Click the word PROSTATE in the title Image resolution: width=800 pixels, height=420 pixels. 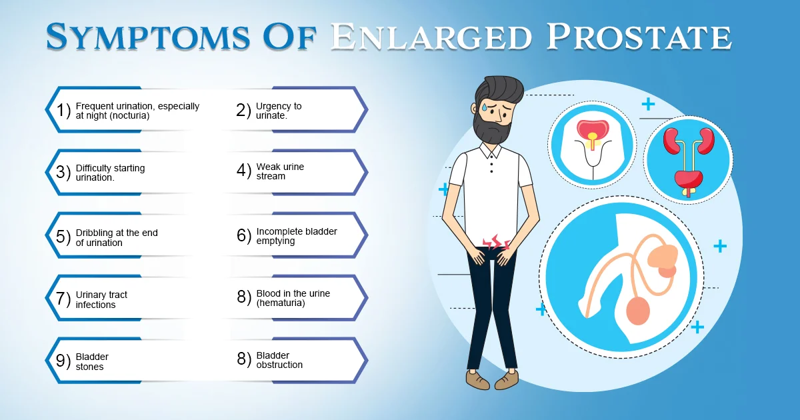[639, 37]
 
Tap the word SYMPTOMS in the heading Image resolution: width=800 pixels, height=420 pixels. [147, 37]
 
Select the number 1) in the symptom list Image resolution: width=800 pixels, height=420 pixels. [63, 110]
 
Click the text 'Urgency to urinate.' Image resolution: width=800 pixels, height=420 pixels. [279, 111]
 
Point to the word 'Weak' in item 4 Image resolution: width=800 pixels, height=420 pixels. [266, 167]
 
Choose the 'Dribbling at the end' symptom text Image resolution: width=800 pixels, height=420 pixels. [117, 233]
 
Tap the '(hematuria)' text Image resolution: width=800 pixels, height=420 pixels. [281, 303]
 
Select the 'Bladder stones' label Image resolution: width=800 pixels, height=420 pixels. [92, 361]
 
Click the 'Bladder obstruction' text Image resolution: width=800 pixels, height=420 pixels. [279, 360]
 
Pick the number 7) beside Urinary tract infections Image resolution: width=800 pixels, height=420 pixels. [63, 299]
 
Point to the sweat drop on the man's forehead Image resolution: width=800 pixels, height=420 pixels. [484, 107]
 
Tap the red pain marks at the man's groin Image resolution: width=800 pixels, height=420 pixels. [496, 242]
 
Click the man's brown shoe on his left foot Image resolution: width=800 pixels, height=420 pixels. [507, 380]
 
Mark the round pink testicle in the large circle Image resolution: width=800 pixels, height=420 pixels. [638, 311]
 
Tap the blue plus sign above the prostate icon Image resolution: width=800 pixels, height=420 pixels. [648, 105]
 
